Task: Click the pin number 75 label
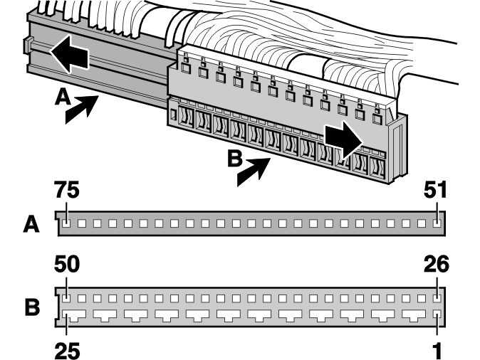67,190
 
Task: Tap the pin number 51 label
435,190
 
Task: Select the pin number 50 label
67,264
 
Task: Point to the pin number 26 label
437,264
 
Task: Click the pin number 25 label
68,351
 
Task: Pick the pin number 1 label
438,351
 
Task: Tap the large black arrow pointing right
343,140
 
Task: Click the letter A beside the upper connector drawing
63,97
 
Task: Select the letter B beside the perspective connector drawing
235,159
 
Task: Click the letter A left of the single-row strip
31,224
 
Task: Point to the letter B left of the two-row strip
32,307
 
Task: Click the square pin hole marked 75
66,223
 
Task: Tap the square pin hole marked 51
437,223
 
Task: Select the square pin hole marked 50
66,298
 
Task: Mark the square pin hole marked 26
437,298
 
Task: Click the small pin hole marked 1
437,315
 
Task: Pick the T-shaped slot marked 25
74,315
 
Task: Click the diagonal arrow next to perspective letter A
82,109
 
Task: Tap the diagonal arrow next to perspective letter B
254,171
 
